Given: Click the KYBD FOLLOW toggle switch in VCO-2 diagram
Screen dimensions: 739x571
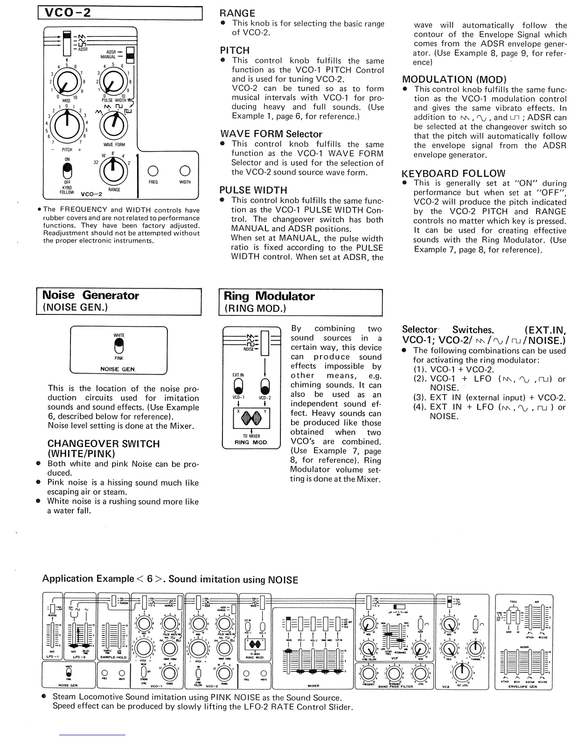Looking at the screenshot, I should pos(68,172).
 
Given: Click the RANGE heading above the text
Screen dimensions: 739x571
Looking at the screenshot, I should pos(237,13).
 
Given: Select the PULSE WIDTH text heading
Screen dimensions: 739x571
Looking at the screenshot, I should pos(253,190).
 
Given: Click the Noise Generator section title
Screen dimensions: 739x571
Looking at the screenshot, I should pos(91,295).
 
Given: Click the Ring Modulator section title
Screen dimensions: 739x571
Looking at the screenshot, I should pos(269,296).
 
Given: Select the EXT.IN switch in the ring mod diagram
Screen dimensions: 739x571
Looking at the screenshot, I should pos(238,386).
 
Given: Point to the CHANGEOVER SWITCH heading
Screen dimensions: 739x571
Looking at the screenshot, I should pos(104,444).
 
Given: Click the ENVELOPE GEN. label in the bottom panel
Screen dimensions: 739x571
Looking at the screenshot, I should pos(522,687).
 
